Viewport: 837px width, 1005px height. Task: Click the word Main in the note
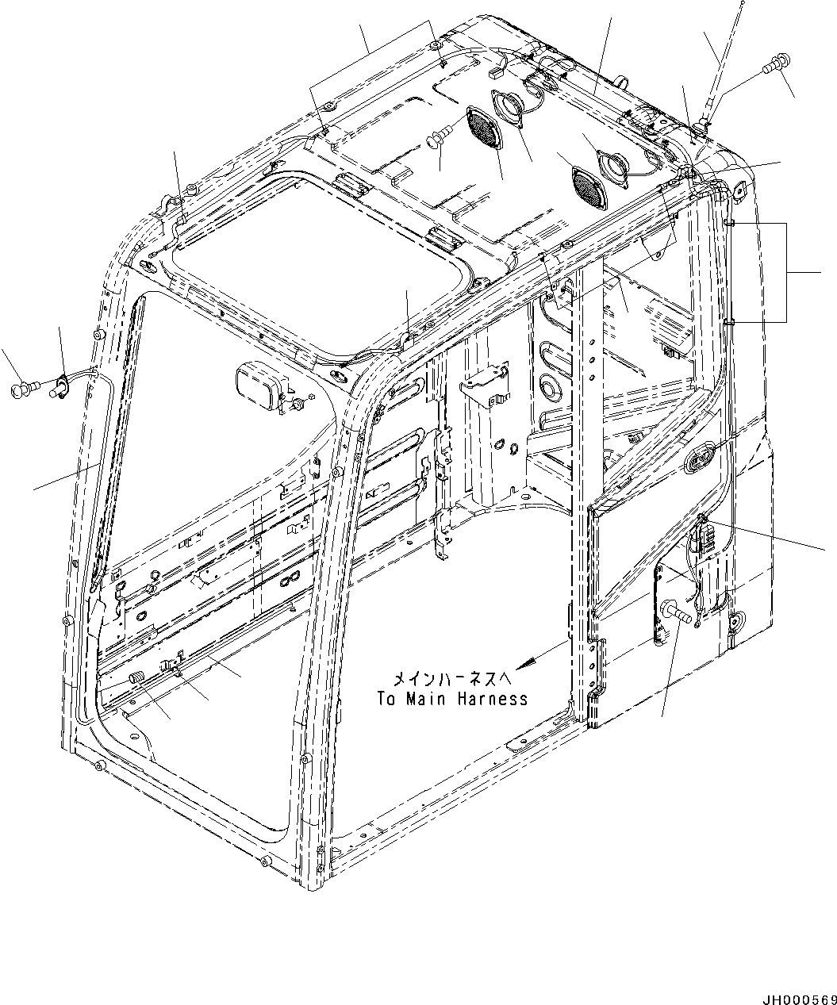[x=426, y=699]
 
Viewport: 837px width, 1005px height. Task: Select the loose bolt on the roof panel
[x=439, y=136]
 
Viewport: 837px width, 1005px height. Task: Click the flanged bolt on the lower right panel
[x=676, y=613]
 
